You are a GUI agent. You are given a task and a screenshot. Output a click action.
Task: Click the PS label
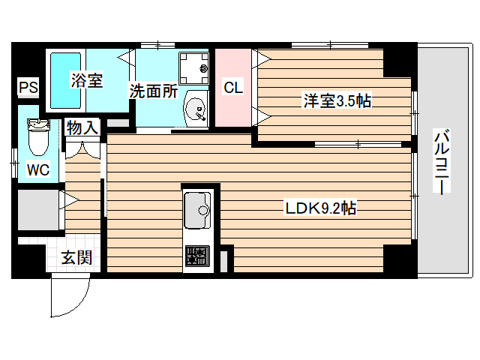click(x=28, y=88)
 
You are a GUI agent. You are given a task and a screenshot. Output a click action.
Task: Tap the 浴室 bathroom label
click(x=86, y=80)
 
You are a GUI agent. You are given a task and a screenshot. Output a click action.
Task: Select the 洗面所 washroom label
click(x=153, y=91)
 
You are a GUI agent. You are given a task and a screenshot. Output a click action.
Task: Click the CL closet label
click(x=233, y=87)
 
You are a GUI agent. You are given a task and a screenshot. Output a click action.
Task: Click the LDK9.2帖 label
click(x=320, y=209)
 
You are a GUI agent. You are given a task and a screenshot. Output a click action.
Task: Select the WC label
click(x=38, y=170)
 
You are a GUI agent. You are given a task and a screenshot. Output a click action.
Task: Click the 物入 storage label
click(x=82, y=127)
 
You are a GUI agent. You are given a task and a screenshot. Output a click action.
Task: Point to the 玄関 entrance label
click(x=76, y=258)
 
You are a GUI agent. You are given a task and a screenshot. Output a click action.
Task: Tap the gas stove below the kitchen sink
click(x=197, y=256)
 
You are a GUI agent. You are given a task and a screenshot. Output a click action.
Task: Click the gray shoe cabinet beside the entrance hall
click(x=37, y=212)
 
